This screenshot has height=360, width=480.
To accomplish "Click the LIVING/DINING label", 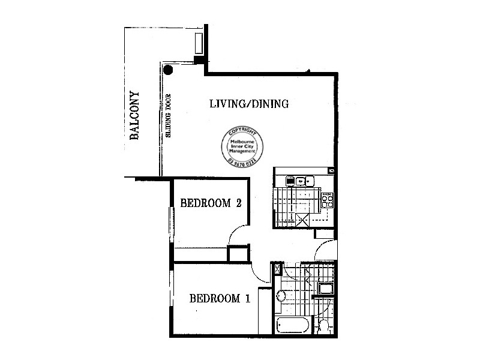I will tap(249, 104).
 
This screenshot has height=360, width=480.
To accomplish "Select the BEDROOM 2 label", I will tap(211, 203).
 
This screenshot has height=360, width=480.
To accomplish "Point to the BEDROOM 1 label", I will tap(219, 298).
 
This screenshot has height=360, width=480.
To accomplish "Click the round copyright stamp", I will tap(242, 146).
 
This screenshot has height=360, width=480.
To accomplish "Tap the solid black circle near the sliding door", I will tap(169, 70).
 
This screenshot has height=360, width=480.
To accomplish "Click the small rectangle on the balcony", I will tap(199, 44).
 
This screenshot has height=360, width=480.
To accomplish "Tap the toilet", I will tap(323, 326).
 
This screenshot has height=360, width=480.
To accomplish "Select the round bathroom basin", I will tap(281, 296).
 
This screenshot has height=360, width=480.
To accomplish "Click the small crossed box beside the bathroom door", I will tap(277, 269).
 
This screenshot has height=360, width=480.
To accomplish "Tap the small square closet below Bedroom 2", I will tap(237, 253).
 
